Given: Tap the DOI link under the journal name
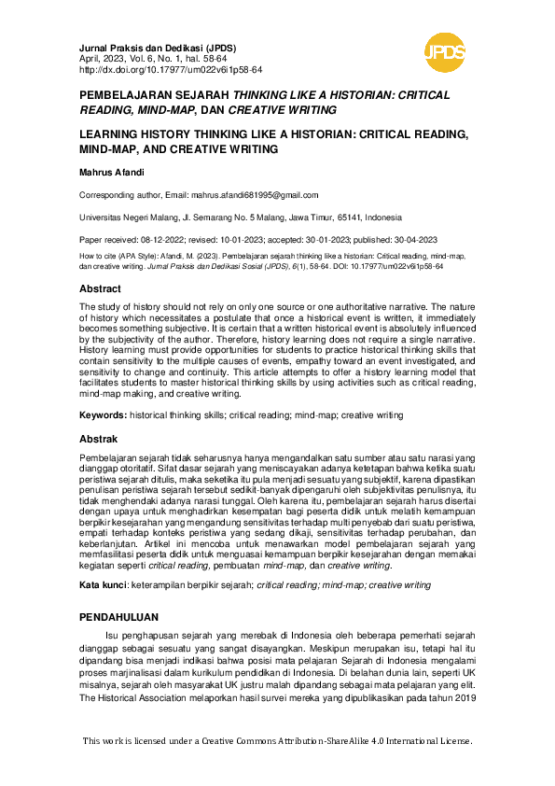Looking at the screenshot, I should click(x=172, y=69).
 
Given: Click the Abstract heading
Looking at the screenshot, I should click(x=100, y=289).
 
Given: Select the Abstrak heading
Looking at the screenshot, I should click(x=98, y=439).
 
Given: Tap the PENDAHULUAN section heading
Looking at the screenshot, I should click(x=118, y=617).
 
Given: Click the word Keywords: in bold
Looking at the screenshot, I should click(x=103, y=414).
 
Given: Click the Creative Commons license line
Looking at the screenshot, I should click(x=277, y=741).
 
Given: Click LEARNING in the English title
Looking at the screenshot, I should click(x=115, y=134).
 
